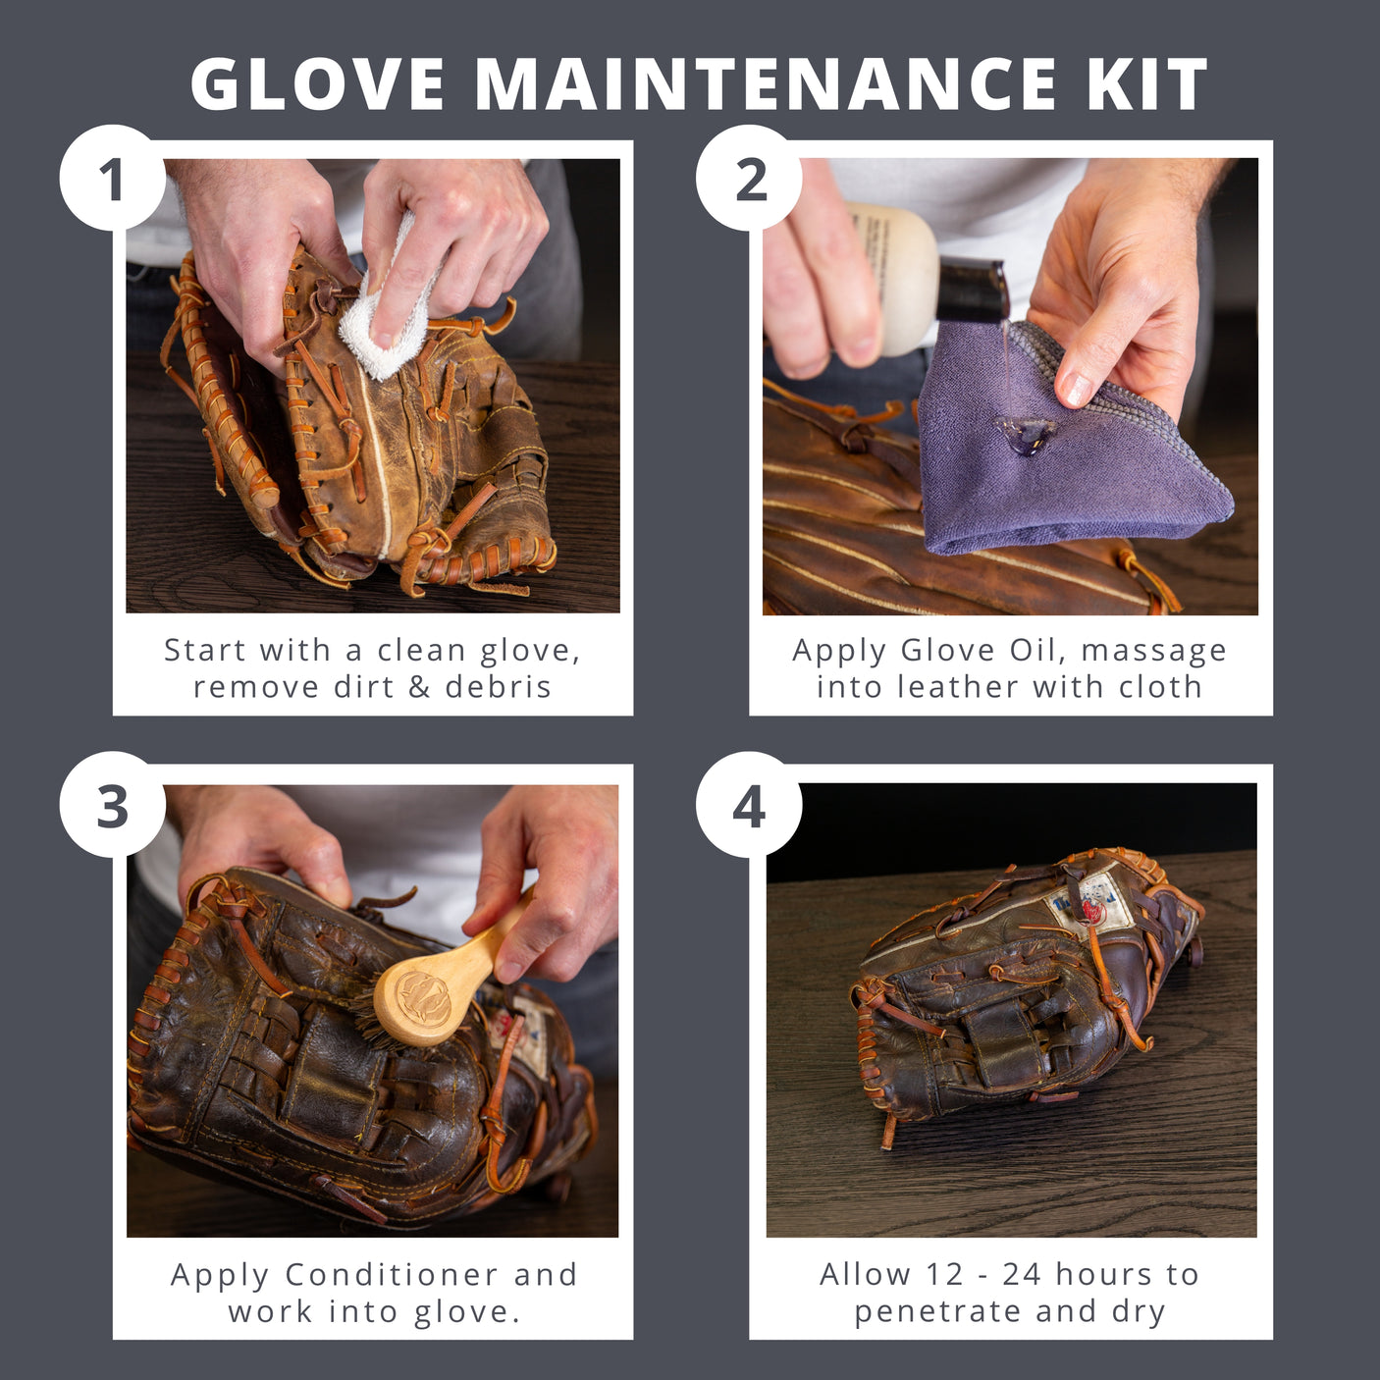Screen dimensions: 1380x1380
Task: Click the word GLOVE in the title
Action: [x=318, y=84]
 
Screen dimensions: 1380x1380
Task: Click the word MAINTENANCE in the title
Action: [x=765, y=84]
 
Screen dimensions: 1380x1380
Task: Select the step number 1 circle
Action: [x=112, y=179]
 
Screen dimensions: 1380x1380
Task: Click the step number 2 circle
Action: [x=749, y=179]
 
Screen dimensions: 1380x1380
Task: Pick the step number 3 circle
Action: [x=112, y=806]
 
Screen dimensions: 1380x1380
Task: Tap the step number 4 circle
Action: [x=749, y=806]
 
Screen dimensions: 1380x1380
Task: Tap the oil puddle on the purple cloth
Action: [x=1024, y=433]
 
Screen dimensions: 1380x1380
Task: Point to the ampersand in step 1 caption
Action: [x=419, y=686]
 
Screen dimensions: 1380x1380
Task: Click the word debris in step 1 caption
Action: [x=499, y=686]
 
